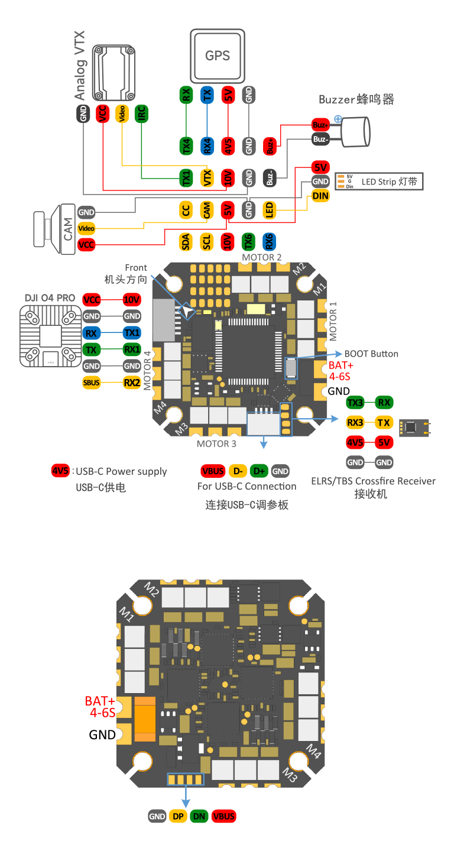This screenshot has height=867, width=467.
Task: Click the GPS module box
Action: point(217,56)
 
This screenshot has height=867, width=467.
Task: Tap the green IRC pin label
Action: point(141,114)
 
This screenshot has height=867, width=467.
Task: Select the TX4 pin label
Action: point(186,145)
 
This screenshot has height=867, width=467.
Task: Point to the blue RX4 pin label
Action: point(207,145)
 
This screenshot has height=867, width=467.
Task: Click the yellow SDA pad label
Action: point(186,241)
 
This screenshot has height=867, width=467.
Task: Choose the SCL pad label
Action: point(206,241)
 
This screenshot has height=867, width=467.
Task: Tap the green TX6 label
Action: point(248,241)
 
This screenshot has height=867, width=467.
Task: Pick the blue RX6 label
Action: point(268,241)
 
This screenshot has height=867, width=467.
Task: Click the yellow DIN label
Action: point(320,196)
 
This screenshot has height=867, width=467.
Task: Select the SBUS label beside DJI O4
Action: point(92,383)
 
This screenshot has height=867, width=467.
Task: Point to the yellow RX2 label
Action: point(132,383)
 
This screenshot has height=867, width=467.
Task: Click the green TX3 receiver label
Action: point(355,403)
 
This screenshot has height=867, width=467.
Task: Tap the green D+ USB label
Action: point(258,471)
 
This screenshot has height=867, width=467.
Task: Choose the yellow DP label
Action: point(177,816)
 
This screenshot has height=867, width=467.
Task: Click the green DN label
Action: point(199,816)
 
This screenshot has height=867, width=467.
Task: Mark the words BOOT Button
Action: point(371,354)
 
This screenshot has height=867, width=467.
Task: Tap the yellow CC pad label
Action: point(186,210)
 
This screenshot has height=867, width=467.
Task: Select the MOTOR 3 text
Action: point(216,444)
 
